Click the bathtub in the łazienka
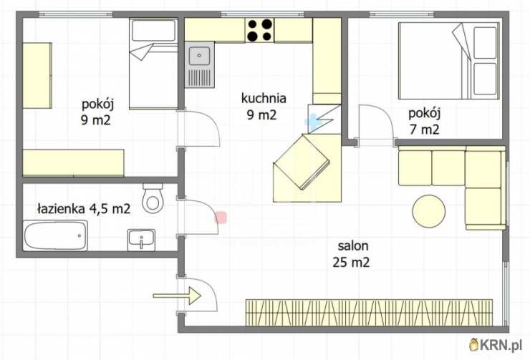(x=55, y=235)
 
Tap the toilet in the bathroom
(x=153, y=198)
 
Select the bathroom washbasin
(x=141, y=239)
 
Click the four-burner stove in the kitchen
(x=259, y=31)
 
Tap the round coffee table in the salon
(x=429, y=210)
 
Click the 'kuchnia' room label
(x=264, y=99)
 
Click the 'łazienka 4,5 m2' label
(x=83, y=209)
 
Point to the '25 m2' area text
(x=351, y=263)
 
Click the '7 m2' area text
(x=424, y=129)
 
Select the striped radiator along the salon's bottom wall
(x=370, y=311)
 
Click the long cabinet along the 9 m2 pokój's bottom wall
(x=73, y=162)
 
